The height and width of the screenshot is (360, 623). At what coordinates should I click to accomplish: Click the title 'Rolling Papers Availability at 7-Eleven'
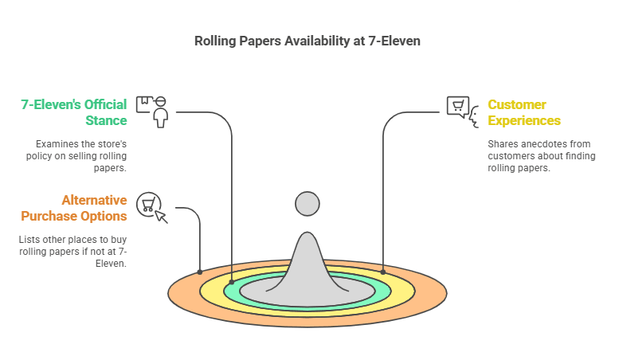[x=308, y=41]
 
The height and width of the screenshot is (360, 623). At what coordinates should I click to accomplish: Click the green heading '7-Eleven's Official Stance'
[x=73, y=112]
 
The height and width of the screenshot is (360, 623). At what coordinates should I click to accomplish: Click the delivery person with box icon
[x=153, y=112]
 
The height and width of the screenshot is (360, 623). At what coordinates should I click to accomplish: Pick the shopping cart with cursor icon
[x=151, y=206]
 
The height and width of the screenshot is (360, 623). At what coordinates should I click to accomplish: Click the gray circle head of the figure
[x=308, y=204]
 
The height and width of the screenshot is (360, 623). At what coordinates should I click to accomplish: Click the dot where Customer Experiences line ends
[x=383, y=272]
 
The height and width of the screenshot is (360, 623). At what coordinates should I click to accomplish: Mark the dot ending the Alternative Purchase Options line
[x=200, y=272]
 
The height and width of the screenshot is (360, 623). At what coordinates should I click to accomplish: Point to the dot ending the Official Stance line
[x=232, y=282]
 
